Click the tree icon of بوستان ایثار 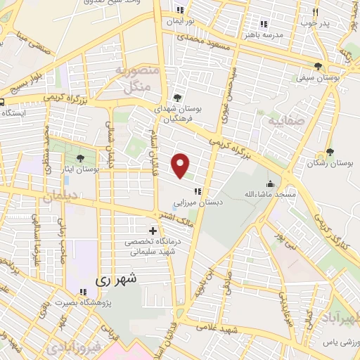[81, 158]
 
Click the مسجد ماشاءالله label [271, 193]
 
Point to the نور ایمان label [179, 21]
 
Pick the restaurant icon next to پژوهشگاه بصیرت [83, 292]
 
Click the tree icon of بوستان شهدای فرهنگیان [177, 98]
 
